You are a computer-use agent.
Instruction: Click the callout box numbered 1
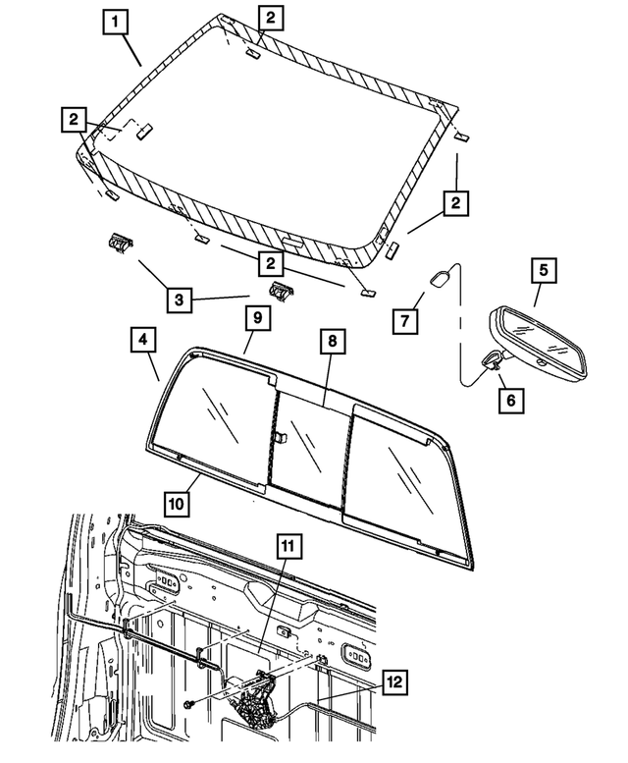[x=116, y=21]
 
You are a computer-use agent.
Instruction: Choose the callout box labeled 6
[x=510, y=400]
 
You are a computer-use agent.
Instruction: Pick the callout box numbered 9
[x=254, y=319]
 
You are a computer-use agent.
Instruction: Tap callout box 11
[x=289, y=546]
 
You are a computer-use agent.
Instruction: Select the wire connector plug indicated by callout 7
[x=440, y=279]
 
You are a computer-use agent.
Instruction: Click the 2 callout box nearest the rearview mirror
[x=453, y=205]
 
